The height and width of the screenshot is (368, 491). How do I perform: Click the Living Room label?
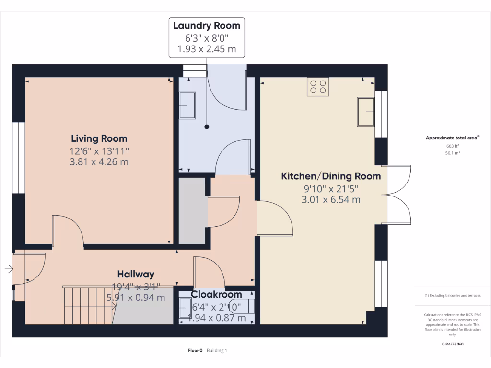pyautogui.click(x=99, y=139)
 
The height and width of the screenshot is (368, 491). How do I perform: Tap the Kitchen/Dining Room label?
pyautogui.click(x=331, y=176)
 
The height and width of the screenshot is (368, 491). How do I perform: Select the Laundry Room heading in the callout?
pyautogui.click(x=207, y=26)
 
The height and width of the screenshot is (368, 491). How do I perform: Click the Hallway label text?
pyautogui.click(x=136, y=274)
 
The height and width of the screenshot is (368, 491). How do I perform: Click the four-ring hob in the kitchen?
pyautogui.click(x=318, y=87)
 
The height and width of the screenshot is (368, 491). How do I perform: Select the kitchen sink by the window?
pyautogui.click(x=365, y=112)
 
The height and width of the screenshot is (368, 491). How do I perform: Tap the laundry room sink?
pyautogui.click(x=187, y=105)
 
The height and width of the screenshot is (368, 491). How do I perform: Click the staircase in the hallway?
pyautogui.click(x=89, y=305)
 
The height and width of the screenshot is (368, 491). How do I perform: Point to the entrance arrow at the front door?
pyautogui.click(x=9, y=269)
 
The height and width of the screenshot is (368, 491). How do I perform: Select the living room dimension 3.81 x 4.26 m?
pyautogui.click(x=99, y=162)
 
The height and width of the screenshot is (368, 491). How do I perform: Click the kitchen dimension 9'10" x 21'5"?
pyautogui.click(x=331, y=188)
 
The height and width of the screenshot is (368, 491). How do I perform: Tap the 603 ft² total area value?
pyautogui.click(x=453, y=146)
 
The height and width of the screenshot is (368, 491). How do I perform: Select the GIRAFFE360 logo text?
pyautogui.click(x=453, y=344)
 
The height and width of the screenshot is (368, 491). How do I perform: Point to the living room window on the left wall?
pyautogui.click(x=18, y=158)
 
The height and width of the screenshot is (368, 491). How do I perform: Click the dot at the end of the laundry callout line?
pyautogui.click(x=207, y=127)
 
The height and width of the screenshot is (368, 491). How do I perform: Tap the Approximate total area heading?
pyautogui.click(x=452, y=138)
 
